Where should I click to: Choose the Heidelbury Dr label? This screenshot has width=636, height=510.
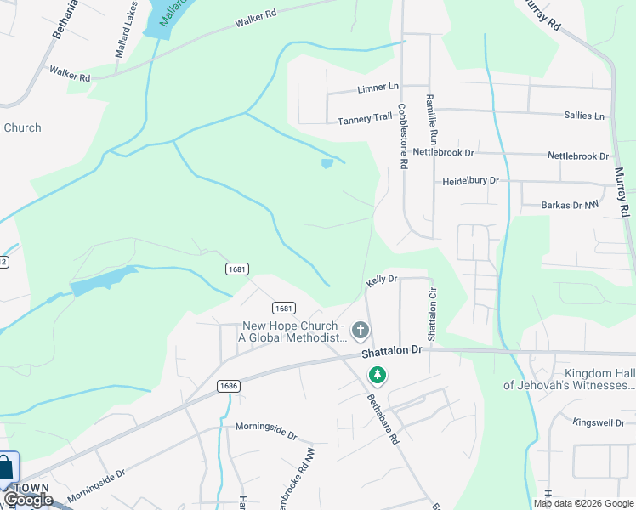coord(470,181)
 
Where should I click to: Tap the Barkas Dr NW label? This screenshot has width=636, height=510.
coord(571,205)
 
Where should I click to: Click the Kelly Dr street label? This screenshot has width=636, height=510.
coord(382,279)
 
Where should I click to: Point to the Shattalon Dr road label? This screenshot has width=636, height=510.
coord(391,350)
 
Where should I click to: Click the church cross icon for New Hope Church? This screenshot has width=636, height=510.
coord(361,330)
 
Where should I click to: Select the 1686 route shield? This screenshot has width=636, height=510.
coord(228,386)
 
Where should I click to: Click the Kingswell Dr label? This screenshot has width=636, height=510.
coord(598,422)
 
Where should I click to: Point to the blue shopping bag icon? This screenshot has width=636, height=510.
coord(7,467)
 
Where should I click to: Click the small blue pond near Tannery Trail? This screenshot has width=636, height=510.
coord(327,164)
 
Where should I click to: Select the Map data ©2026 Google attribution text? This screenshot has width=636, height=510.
coord(583,503)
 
